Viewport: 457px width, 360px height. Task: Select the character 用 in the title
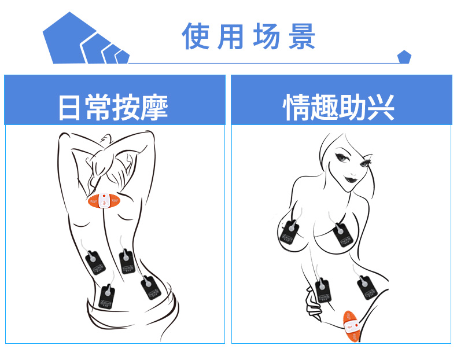(231, 36)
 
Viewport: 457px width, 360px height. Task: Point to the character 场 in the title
(267, 36)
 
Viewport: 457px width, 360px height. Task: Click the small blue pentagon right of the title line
(404, 57)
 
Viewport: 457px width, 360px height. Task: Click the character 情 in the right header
(297, 108)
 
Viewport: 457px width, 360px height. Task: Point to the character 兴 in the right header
(381, 108)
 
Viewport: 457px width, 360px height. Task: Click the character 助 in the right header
(353, 108)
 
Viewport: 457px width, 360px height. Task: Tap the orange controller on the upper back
(104, 202)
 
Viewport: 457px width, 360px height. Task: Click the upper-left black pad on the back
(95, 264)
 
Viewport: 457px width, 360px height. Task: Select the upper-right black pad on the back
(127, 262)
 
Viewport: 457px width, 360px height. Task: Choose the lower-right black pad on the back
(149, 288)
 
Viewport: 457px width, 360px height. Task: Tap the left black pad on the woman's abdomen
(323, 292)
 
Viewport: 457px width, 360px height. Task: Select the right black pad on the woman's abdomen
(365, 286)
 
